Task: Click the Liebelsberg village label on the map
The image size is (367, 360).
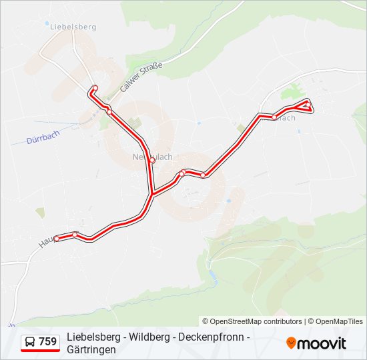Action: [73, 27]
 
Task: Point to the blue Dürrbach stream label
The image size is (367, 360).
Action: [42, 141]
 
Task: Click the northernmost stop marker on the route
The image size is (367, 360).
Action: [95, 88]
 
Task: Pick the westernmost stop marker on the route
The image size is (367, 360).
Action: [57, 238]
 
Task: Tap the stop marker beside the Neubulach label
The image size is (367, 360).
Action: [152, 161]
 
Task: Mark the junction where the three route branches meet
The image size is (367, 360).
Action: [153, 193]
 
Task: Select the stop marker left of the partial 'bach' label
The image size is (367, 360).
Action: [274, 117]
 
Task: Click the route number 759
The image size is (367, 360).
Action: [47, 342]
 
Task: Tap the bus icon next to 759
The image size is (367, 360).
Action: [31, 342]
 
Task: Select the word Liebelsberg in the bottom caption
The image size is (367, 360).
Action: [92, 337]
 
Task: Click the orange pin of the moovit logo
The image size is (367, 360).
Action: [291, 343]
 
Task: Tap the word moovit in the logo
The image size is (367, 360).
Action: [322, 343]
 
